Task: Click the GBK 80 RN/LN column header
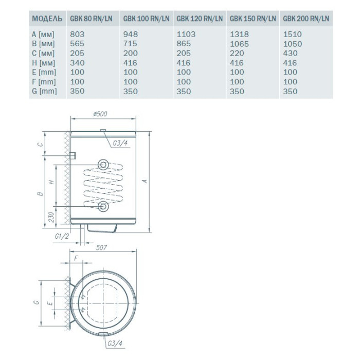coord(91,19)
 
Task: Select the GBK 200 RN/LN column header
coord(306,19)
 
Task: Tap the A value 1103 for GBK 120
coord(186,34)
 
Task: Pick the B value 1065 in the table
coord(239,44)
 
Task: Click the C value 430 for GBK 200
coord(290,53)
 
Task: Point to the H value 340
coord(77,63)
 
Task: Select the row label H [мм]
coord(43,63)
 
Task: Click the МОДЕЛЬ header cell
coord(47,19)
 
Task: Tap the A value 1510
coord(292,34)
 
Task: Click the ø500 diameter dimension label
coord(100,114)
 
